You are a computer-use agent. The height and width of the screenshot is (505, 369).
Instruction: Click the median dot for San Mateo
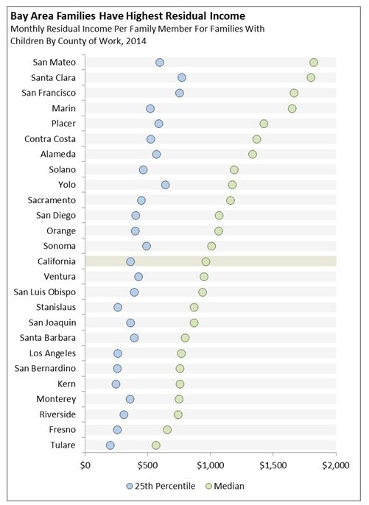point(314,63)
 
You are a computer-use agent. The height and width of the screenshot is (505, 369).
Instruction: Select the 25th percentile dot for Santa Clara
point(182,77)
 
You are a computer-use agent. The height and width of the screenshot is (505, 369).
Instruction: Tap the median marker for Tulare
point(155,445)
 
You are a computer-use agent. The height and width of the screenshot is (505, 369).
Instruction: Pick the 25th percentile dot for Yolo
point(165,185)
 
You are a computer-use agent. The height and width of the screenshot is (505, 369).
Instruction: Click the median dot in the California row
point(205,261)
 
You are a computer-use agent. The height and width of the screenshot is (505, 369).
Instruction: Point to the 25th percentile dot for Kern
point(116,384)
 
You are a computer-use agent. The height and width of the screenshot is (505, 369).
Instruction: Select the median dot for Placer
point(264,124)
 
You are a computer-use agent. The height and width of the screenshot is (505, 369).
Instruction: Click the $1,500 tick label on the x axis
point(273,465)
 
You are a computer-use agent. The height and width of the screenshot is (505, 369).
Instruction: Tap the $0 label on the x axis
point(85,465)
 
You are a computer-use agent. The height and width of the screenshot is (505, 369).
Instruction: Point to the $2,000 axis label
point(336,465)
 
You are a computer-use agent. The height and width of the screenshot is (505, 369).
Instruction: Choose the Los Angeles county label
point(52,353)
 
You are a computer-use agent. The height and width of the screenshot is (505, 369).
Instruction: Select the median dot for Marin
point(292,108)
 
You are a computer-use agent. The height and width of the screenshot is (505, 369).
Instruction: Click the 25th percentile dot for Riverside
point(124,414)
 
